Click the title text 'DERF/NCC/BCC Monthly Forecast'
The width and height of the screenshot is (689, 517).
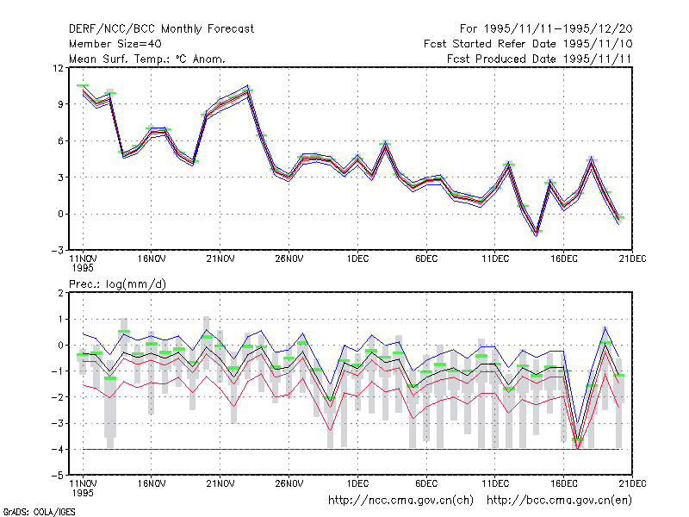click(161, 29)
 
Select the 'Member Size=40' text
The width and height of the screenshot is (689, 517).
click(115, 44)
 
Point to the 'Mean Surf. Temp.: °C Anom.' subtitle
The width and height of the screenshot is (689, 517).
click(146, 59)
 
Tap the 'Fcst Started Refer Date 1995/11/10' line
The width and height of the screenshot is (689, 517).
click(528, 44)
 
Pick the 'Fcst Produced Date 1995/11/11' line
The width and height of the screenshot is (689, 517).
click(540, 59)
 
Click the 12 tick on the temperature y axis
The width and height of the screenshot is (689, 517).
click(58, 68)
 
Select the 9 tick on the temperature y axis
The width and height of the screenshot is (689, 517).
click(60, 104)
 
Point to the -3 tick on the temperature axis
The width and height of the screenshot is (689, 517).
click(58, 251)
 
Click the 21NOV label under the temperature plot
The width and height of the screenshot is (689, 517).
click(220, 259)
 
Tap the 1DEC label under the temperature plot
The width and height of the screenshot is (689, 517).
click(357, 259)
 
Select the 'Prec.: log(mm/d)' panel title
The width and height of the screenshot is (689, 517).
click(117, 284)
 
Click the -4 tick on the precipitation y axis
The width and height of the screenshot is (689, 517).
click(58, 450)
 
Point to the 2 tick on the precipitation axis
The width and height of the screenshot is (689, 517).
click(60, 293)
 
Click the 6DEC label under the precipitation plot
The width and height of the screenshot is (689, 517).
click(426, 483)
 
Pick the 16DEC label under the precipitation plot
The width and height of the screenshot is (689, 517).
click(564, 483)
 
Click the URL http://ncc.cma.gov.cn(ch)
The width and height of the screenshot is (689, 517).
click(400, 501)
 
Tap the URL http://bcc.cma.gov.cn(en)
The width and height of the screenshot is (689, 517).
click(559, 501)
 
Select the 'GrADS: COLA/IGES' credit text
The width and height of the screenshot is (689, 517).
click(39, 512)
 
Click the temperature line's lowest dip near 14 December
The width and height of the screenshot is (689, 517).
click(536, 234)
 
